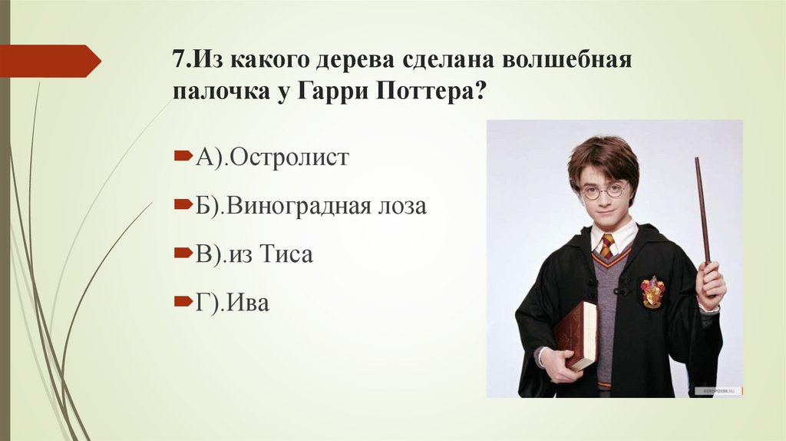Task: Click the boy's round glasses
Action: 603,191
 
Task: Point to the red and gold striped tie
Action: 607,246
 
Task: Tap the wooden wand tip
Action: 698,163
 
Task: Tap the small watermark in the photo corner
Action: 714,391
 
